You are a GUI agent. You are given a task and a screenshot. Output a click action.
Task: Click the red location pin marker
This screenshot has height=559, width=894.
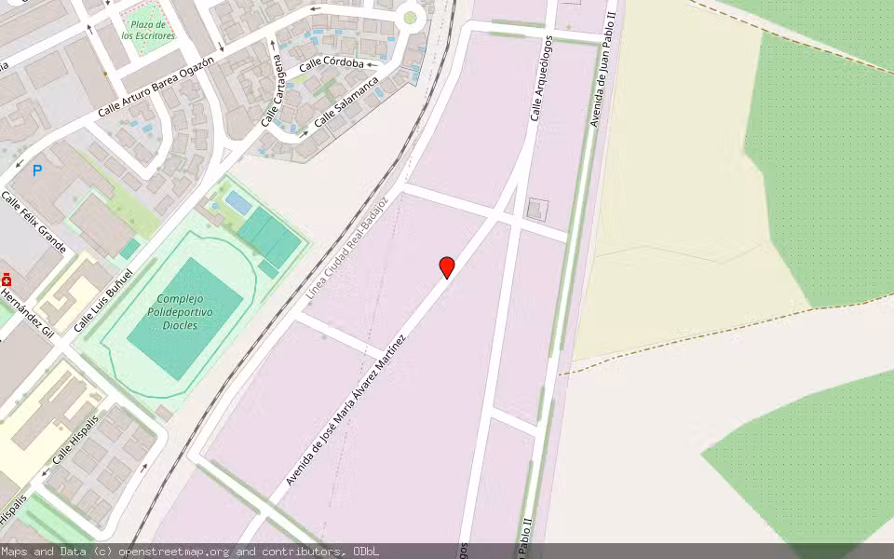pyautogui.click(x=447, y=267)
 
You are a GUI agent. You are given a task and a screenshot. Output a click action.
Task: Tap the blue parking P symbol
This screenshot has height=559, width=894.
pyautogui.click(x=37, y=170)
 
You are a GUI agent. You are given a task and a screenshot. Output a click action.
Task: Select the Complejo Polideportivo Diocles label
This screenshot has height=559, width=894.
pyautogui.click(x=181, y=312)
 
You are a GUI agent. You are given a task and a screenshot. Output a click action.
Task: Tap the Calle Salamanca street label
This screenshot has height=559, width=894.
pyautogui.click(x=346, y=102)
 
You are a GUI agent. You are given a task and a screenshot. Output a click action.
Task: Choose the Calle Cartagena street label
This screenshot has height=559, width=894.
pyautogui.click(x=272, y=90)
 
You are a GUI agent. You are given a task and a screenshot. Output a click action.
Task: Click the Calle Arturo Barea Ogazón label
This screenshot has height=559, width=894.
pyautogui.click(x=156, y=87)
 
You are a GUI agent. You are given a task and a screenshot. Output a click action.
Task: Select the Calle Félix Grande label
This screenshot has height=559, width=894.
pyautogui.click(x=34, y=223)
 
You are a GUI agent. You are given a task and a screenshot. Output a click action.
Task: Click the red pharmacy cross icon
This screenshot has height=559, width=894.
pyautogui.click(x=7, y=279)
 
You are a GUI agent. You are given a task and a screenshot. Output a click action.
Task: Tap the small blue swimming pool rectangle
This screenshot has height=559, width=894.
pyautogui.click(x=237, y=202)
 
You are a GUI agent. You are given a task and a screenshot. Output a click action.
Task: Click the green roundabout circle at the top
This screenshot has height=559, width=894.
pyautogui.click(x=410, y=18)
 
